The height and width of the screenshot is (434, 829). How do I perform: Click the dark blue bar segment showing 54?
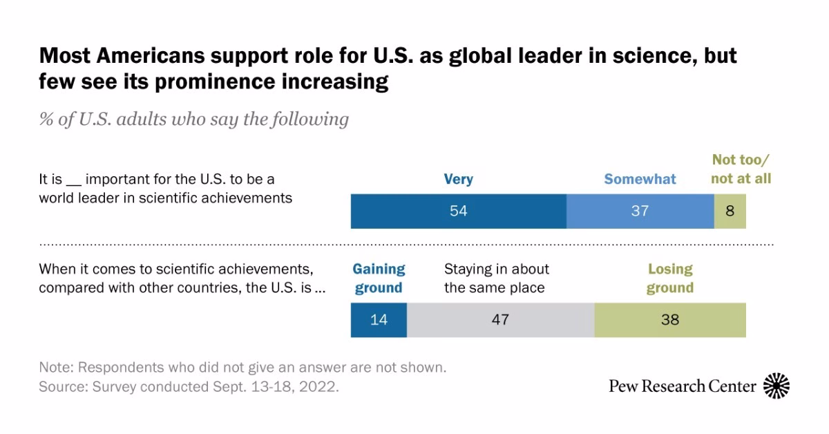459,211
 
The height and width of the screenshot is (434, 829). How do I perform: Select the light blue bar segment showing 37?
640,211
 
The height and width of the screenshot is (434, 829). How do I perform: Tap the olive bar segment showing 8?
730,211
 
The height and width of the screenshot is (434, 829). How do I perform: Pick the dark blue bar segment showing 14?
379,320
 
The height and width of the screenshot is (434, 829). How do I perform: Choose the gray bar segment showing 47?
500,320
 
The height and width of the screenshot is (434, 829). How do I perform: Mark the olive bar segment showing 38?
669,320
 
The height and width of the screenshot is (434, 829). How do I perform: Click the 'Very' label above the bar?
459,180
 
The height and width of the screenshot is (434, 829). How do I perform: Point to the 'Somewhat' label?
640,180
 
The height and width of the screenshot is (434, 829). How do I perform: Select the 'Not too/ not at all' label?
741,169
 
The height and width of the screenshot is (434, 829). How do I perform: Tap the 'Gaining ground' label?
379,279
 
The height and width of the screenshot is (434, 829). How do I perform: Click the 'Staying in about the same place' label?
497,279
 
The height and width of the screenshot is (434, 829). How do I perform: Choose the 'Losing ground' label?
669,279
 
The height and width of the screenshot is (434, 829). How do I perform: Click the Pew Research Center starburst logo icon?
776,386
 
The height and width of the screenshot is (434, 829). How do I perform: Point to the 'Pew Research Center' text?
683,386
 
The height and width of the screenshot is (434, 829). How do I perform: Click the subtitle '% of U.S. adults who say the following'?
194,119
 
